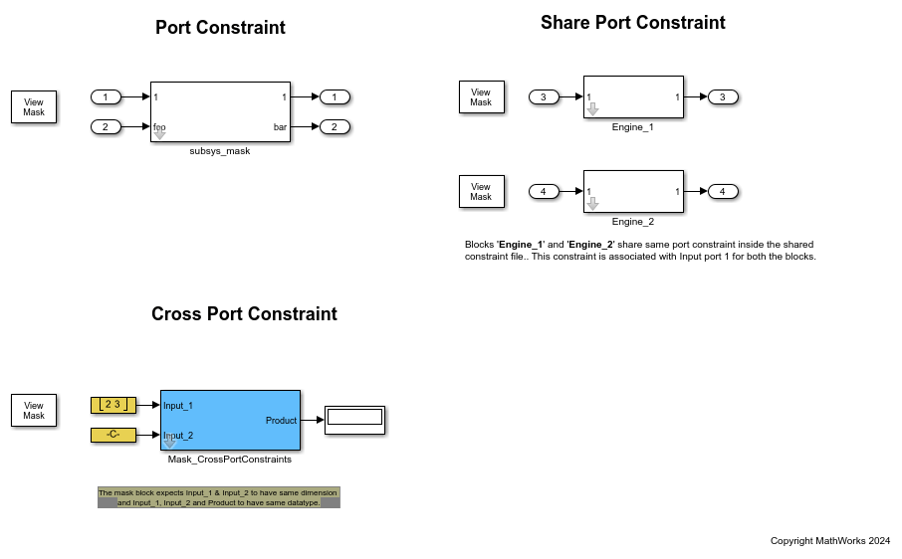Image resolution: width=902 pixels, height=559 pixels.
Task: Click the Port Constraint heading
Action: [220, 28]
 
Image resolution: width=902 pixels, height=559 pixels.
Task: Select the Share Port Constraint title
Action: [632, 23]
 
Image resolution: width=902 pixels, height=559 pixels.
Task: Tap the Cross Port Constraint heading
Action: [244, 314]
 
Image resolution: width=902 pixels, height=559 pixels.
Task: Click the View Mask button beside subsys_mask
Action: [34, 106]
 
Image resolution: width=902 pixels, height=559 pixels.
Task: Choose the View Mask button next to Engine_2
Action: [481, 192]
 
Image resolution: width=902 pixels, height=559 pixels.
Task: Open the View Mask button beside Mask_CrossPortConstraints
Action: [34, 410]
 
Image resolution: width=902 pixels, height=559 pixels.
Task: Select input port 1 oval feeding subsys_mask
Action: [106, 97]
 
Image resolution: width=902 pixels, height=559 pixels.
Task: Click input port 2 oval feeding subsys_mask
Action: [106, 126]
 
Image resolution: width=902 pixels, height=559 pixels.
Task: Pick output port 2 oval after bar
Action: [335, 126]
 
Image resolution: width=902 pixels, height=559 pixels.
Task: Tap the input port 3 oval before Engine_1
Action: [543, 96]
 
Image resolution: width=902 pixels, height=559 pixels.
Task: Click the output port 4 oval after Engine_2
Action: [723, 191]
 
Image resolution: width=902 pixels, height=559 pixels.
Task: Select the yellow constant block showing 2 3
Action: [113, 405]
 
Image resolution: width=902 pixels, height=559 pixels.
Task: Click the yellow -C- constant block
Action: [113, 435]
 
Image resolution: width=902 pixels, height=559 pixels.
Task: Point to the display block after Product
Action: [354, 420]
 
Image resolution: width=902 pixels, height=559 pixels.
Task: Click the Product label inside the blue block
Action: [281, 421]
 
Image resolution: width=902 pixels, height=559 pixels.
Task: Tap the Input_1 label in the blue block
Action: [178, 406]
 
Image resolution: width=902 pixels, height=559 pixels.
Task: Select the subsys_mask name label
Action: [220, 151]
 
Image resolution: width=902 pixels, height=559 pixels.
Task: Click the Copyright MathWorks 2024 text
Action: [829, 541]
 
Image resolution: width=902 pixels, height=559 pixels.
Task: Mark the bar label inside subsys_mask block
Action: [280, 127]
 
